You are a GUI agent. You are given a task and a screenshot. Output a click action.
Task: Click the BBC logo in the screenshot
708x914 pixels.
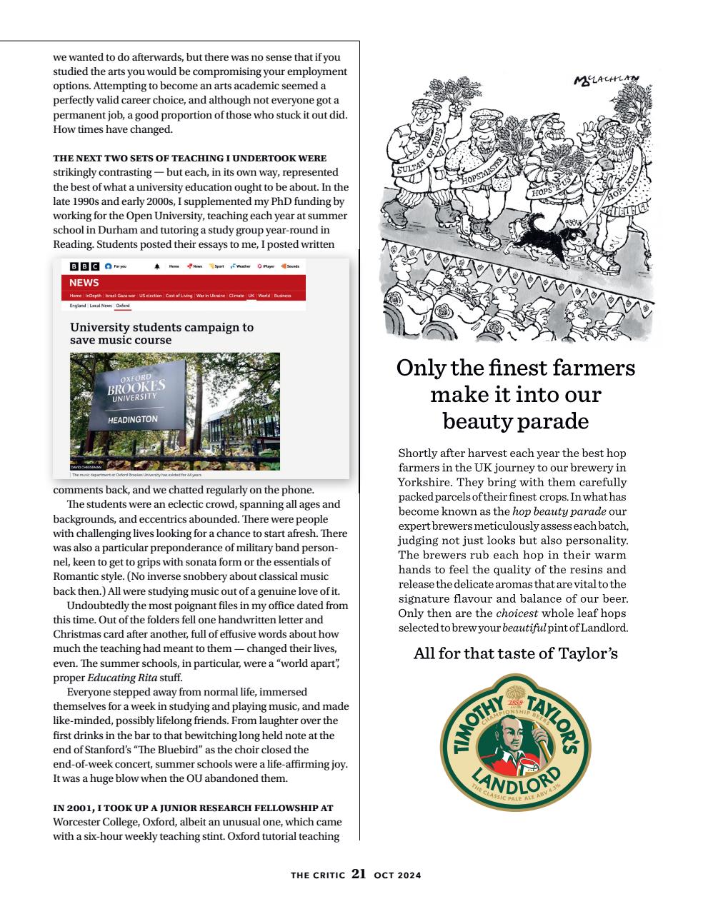84,266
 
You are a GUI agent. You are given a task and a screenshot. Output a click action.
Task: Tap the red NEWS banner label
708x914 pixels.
84,283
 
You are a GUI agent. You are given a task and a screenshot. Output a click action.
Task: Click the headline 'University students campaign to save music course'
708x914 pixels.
161,333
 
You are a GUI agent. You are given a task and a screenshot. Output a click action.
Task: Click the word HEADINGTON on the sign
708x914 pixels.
133,419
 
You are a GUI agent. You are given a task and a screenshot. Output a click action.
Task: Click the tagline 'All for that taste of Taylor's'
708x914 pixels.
515,653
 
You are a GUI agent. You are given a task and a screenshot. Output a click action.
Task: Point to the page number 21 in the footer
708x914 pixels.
359,874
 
